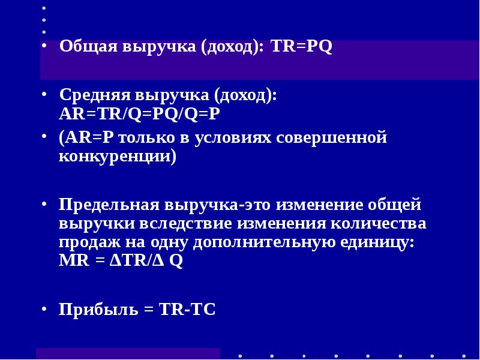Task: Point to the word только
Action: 151,139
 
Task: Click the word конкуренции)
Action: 117,157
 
